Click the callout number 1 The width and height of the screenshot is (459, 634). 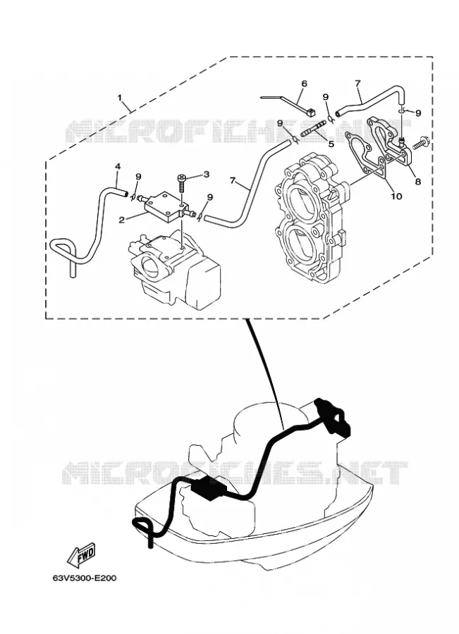point(120,97)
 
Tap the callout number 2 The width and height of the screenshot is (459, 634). point(121,220)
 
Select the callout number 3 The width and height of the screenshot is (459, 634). point(207,174)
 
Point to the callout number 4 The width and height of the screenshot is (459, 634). point(118,166)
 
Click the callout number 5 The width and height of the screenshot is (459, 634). point(331,144)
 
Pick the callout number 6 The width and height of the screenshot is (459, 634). point(304,84)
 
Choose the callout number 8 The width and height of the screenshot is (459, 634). point(417,182)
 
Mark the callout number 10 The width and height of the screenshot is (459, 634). point(396,196)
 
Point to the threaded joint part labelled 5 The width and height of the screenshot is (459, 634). point(313,130)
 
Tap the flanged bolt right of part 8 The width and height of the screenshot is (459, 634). point(422,144)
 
